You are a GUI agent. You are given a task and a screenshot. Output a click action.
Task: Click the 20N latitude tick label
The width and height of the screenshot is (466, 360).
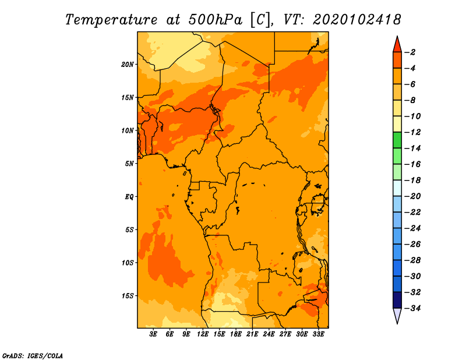point(128,64)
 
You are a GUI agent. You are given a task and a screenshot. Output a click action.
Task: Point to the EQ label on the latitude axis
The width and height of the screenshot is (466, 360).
point(129,196)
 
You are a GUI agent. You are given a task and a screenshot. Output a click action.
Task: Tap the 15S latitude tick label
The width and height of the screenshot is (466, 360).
point(128,295)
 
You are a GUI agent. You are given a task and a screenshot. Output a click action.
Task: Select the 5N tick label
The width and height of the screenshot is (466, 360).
point(129,164)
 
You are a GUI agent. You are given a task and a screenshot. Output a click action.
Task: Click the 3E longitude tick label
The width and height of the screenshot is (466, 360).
point(154,334)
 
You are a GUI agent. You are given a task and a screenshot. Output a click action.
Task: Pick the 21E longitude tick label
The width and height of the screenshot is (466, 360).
point(252,334)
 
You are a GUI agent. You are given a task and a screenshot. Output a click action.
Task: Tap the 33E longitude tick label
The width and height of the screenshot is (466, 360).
point(318,334)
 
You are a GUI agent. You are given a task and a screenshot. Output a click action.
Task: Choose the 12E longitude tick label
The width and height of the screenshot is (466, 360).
point(203,334)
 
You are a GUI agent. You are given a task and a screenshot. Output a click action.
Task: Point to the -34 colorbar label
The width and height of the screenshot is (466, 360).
point(412,308)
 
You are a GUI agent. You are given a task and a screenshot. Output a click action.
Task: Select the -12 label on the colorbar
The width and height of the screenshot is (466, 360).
point(412,132)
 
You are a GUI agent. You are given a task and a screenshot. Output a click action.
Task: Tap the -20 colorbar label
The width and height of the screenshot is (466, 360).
point(412,196)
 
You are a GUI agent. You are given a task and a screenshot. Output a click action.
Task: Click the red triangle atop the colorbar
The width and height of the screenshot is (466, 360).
point(397,44)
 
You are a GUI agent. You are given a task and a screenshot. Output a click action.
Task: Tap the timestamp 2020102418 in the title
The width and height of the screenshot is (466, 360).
point(356,19)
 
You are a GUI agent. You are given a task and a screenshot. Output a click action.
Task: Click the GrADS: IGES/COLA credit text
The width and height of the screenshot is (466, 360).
point(32,355)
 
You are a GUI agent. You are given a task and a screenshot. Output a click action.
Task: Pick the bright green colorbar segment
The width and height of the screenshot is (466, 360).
point(397,140)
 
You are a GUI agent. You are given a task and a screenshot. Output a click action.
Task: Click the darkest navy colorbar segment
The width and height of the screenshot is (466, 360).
point(397,299)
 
